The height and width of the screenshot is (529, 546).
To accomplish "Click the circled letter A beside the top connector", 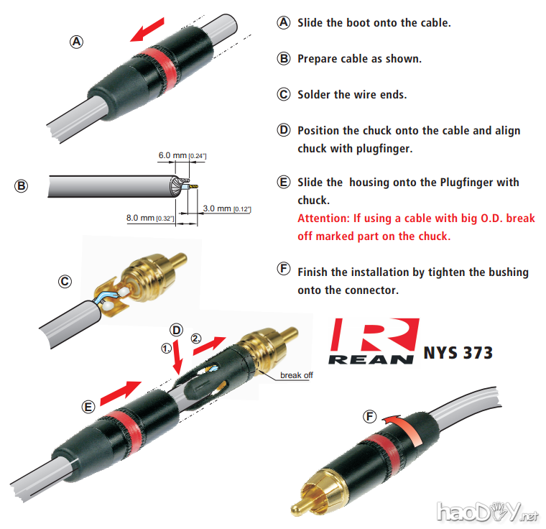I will [x=75, y=41].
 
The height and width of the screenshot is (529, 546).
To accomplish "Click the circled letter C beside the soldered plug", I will [x=65, y=282].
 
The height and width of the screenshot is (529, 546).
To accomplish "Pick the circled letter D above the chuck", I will [x=177, y=329].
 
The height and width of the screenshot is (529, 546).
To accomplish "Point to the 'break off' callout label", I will [x=296, y=374].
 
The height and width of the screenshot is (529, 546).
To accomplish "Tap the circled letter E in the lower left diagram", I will [x=88, y=407].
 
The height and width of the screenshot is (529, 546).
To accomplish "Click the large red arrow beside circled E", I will [x=121, y=392].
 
